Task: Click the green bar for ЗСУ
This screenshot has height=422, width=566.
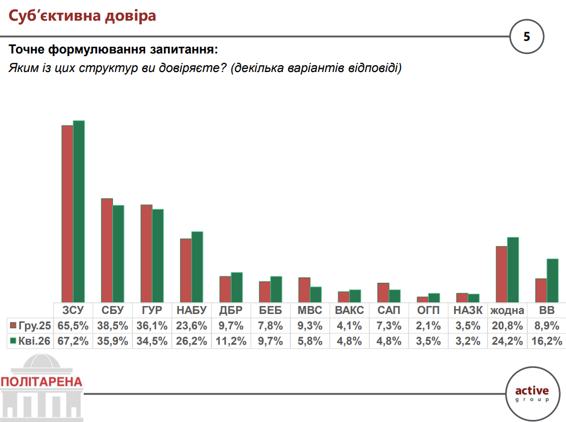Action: point(79,212)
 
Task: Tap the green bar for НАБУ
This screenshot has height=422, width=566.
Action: point(197,267)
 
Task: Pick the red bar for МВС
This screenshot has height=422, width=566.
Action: point(304,290)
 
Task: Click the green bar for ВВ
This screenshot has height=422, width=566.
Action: point(553,281)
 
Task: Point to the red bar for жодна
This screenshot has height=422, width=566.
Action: point(501,274)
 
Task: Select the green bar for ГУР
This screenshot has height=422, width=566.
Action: point(157,256)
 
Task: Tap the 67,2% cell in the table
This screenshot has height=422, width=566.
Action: point(73,342)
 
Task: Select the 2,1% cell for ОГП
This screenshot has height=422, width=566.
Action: point(428,326)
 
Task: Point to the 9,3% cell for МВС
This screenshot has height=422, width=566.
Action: point(309,326)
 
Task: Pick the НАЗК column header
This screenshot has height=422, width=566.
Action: point(467,310)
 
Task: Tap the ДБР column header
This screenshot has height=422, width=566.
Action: point(231,310)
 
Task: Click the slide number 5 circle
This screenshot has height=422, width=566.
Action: point(526,37)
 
